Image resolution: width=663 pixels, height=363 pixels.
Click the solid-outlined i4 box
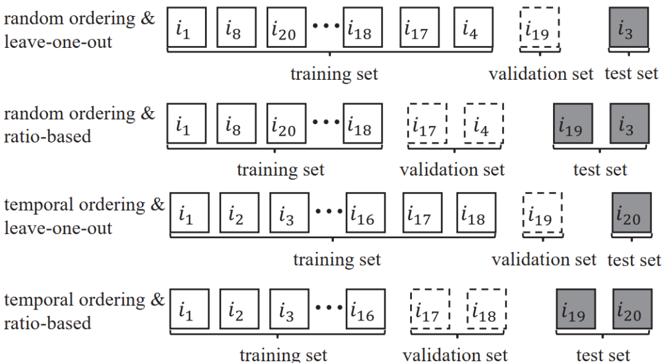tap(473, 28)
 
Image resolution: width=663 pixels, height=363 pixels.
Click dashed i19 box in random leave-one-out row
tap(540, 28)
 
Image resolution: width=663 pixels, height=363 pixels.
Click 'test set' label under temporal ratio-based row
tap(602, 355)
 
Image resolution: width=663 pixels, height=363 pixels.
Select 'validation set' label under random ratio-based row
tap(452, 169)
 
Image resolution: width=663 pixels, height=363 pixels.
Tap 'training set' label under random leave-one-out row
tap(334, 74)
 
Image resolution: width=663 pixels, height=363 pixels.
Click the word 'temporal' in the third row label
tap(31, 206)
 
